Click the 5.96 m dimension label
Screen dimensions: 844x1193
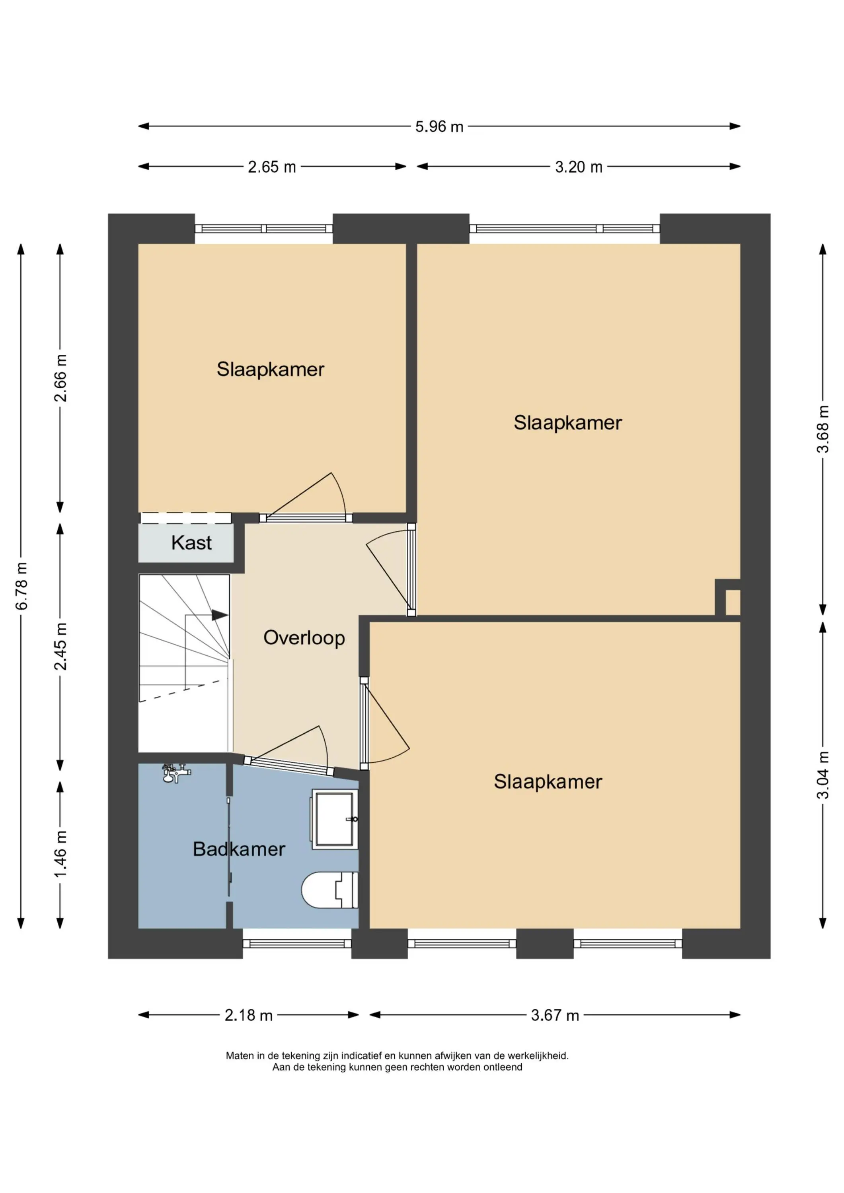(x=439, y=127)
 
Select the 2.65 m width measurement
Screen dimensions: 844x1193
(x=271, y=167)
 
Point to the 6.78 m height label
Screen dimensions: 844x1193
(x=21, y=586)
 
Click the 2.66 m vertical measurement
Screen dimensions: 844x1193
(x=60, y=378)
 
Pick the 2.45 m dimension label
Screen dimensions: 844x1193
(x=60, y=646)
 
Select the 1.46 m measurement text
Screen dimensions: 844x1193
(x=60, y=854)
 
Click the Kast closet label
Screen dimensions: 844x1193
(x=191, y=543)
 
